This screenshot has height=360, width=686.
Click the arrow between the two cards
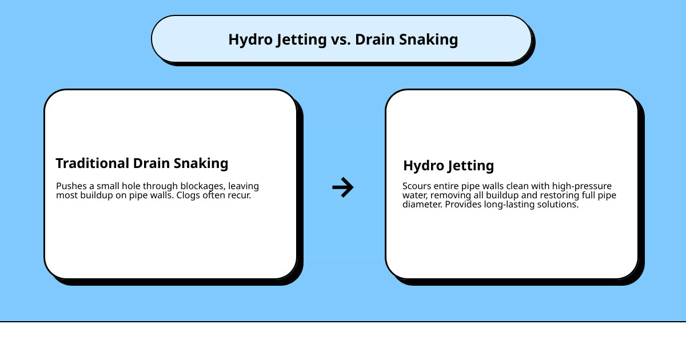[x=343, y=187]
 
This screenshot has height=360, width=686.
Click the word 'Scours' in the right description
[x=416, y=186]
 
